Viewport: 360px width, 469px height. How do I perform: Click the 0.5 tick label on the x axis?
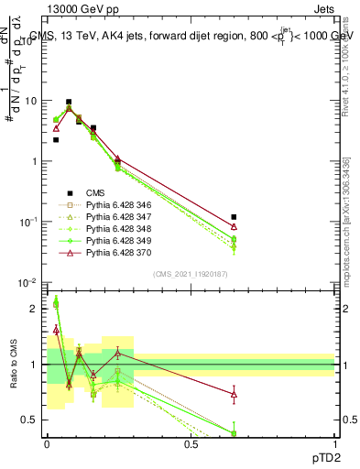[191, 442]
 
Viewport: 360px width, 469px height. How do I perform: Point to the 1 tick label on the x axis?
[335, 442]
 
